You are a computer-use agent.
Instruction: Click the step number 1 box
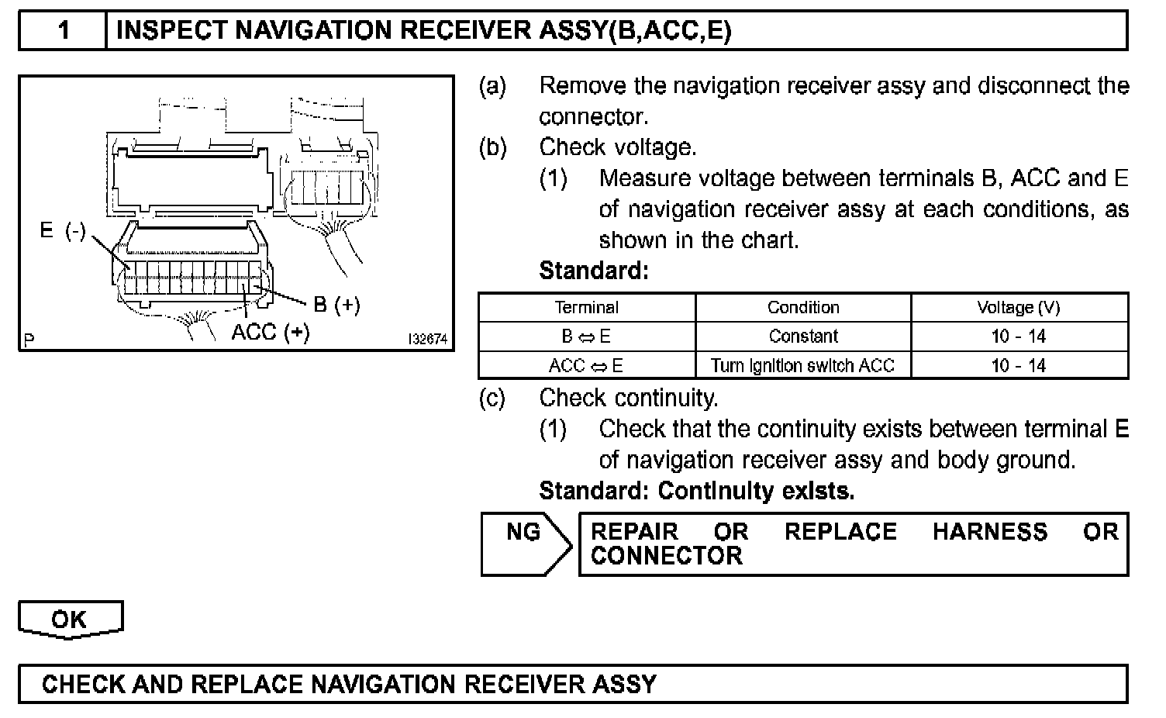[x=63, y=30]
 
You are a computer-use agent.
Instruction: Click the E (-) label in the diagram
[x=63, y=231]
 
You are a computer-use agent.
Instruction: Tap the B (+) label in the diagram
[x=336, y=305]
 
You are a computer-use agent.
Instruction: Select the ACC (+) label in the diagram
[x=271, y=332]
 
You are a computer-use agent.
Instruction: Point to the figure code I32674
[x=428, y=340]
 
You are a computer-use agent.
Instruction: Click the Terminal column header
[x=587, y=307]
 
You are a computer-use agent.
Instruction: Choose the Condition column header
[x=803, y=307]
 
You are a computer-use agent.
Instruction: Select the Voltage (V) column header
[x=1019, y=307]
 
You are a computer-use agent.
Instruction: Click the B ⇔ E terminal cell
[x=587, y=337]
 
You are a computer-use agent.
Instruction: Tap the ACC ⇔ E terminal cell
[x=587, y=365]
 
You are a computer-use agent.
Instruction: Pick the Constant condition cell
[x=803, y=337]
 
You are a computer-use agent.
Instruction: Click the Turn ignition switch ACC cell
[x=803, y=365]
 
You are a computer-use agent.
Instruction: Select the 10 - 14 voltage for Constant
[x=1019, y=337]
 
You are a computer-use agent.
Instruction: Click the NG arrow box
[x=524, y=543]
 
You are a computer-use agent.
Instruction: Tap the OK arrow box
[x=70, y=620]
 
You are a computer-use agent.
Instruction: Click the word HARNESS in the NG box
[x=990, y=532]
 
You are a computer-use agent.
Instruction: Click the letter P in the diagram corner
[x=29, y=340]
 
